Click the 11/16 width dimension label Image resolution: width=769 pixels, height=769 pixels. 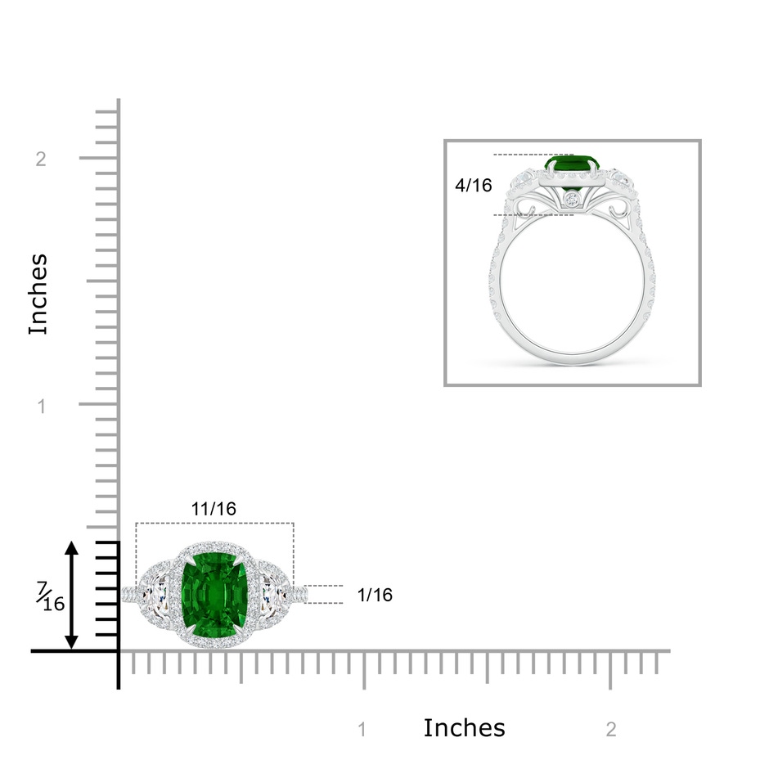pyautogui.click(x=214, y=509)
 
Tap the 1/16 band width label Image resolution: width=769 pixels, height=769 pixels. pyautogui.click(x=375, y=595)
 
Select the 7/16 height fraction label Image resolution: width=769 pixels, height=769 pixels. pyautogui.click(x=50, y=596)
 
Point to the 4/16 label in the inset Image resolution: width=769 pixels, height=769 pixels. pyautogui.click(x=474, y=186)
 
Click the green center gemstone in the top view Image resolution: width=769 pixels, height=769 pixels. pyautogui.click(x=214, y=595)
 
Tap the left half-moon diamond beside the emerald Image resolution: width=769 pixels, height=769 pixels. pyautogui.click(x=154, y=595)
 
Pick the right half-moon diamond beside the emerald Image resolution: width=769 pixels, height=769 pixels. pyautogui.click(x=274, y=595)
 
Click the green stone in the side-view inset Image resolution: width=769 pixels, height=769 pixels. pyautogui.click(x=573, y=165)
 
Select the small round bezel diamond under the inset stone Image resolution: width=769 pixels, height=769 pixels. pyautogui.click(x=572, y=199)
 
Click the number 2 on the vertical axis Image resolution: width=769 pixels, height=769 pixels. pyautogui.click(x=41, y=159)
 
